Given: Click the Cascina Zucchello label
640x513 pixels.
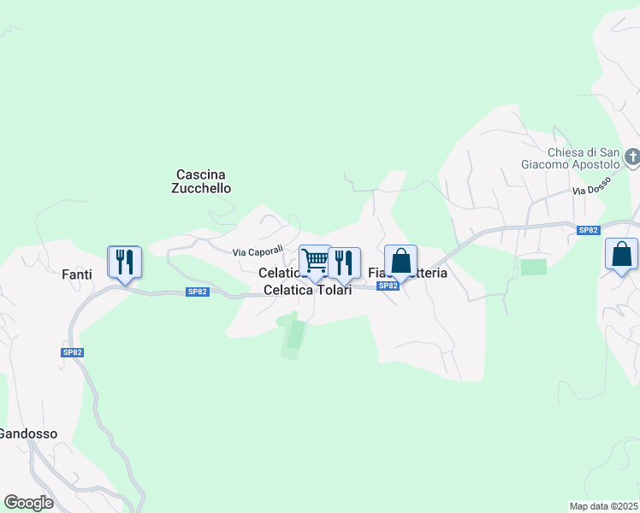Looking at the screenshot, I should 203,181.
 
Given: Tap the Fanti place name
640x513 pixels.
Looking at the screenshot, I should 77,274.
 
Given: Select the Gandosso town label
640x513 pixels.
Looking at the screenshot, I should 27,433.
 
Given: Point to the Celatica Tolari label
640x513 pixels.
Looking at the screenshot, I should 307,290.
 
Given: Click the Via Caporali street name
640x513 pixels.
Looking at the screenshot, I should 258,251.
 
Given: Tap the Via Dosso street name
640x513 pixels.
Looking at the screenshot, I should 590,190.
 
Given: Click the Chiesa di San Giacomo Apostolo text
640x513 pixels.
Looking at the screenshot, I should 571,157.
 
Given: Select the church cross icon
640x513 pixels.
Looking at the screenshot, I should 631,157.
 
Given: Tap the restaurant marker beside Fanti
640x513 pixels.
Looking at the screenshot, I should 125,262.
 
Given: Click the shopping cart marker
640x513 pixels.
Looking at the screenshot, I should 315,261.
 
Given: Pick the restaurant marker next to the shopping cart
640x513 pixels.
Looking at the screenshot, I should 344,262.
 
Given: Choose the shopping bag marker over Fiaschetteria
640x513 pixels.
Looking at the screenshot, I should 400,261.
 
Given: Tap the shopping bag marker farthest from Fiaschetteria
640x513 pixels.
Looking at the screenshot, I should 621,254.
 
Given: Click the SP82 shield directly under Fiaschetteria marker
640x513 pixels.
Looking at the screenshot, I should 388,286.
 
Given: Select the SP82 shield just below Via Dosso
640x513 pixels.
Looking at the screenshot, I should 587,230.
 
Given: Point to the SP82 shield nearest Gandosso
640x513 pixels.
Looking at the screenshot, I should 72,352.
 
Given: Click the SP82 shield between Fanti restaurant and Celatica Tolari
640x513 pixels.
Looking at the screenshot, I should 198,292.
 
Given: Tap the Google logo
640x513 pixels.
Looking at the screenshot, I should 28,503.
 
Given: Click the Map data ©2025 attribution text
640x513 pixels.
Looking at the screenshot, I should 604,505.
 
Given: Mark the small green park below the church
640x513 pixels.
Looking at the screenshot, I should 533,267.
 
